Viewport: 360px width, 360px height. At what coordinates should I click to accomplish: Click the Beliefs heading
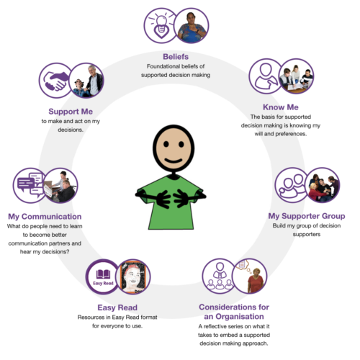click(176, 57)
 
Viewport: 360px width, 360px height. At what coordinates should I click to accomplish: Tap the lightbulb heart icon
click(161, 26)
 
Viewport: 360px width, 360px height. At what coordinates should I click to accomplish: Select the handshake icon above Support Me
click(55, 81)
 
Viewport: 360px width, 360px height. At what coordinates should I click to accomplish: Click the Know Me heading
click(281, 107)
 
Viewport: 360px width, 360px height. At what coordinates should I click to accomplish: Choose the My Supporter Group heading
click(307, 216)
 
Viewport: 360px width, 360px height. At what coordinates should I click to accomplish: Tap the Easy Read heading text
click(117, 307)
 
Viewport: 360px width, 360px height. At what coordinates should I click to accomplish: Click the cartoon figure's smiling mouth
click(174, 161)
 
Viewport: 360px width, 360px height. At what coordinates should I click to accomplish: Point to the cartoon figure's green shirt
click(171, 204)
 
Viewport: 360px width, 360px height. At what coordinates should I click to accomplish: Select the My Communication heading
click(45, 217)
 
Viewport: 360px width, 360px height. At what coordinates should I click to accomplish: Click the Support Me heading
click(71, 112)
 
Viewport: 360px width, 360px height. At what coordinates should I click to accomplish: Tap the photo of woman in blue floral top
click(192, 26)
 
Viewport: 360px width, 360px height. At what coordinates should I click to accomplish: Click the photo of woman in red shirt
click(250, 276)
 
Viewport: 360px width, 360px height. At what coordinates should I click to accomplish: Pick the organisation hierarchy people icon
click(220, 276)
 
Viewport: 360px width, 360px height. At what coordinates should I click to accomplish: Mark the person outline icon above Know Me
click(265, 76)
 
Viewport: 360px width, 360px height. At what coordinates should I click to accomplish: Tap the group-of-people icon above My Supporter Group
click(292, 185)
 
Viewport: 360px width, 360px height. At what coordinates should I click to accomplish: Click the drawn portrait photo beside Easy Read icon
click(133, 276)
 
